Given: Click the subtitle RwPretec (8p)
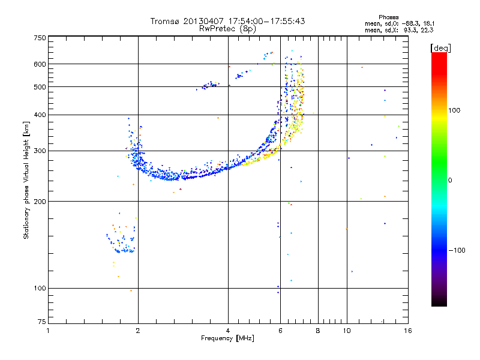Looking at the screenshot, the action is tap(227, 29).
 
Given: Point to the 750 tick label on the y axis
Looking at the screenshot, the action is tap(40, 38).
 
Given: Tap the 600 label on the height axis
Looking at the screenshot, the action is tap(40, 64).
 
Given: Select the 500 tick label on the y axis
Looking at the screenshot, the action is tap(40, 87).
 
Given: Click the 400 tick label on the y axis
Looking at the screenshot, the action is tap(40, 115).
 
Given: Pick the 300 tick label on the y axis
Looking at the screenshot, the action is tap(40, 151).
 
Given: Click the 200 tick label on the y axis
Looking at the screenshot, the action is tap(40, 202).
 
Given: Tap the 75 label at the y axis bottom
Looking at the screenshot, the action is tap(42, 322).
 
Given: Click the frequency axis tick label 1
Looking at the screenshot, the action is tap(48, 331).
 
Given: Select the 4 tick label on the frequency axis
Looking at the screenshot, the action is tap(228, 331).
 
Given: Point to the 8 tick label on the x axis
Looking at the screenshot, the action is tap(318, 331).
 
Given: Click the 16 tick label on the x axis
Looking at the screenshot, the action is tap(408, 331).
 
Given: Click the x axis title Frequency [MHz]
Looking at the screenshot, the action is tap(227, 338).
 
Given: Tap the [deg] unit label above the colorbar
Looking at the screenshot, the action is tap(440, 48).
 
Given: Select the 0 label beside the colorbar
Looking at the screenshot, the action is tap(450, 181).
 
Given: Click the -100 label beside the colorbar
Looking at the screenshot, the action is tap(457, 250).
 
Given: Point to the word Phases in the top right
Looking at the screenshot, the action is tap(388, 17).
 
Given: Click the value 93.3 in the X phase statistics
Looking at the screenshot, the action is tap(410, 31).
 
